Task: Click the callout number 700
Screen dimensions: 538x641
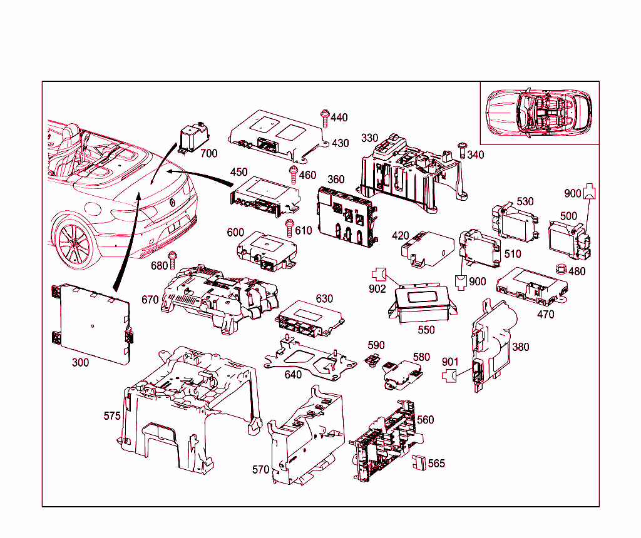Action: pos(209,153)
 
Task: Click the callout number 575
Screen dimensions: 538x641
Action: pos(112,415)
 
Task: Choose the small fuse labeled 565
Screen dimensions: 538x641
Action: pos(419,463)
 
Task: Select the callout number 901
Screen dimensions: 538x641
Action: pos(450,362)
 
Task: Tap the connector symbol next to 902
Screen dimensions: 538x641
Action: pos(377,273)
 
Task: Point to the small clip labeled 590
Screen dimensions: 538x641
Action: pos(372,359)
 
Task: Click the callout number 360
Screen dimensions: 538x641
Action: pos(336,180)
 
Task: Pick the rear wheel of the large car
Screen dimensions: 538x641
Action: pos(73,245)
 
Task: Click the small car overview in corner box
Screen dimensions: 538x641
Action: pos(539,113)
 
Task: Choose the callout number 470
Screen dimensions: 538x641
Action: pos(546,315)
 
